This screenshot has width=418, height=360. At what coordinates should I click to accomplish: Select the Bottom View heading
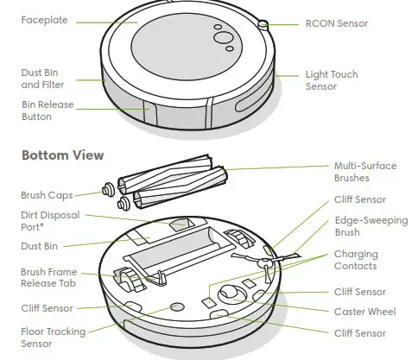point(62,155)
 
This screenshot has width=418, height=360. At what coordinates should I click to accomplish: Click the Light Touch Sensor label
point(331,81)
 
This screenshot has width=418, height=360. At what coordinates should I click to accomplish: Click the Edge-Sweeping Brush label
point(370,226)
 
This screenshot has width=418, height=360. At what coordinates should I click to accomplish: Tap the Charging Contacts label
point(356,261)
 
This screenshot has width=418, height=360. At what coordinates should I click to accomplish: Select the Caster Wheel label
point(364,311)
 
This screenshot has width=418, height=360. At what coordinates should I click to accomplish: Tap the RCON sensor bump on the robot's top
point(263,25)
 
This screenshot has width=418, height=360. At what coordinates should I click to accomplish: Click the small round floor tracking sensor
point(178,306)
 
